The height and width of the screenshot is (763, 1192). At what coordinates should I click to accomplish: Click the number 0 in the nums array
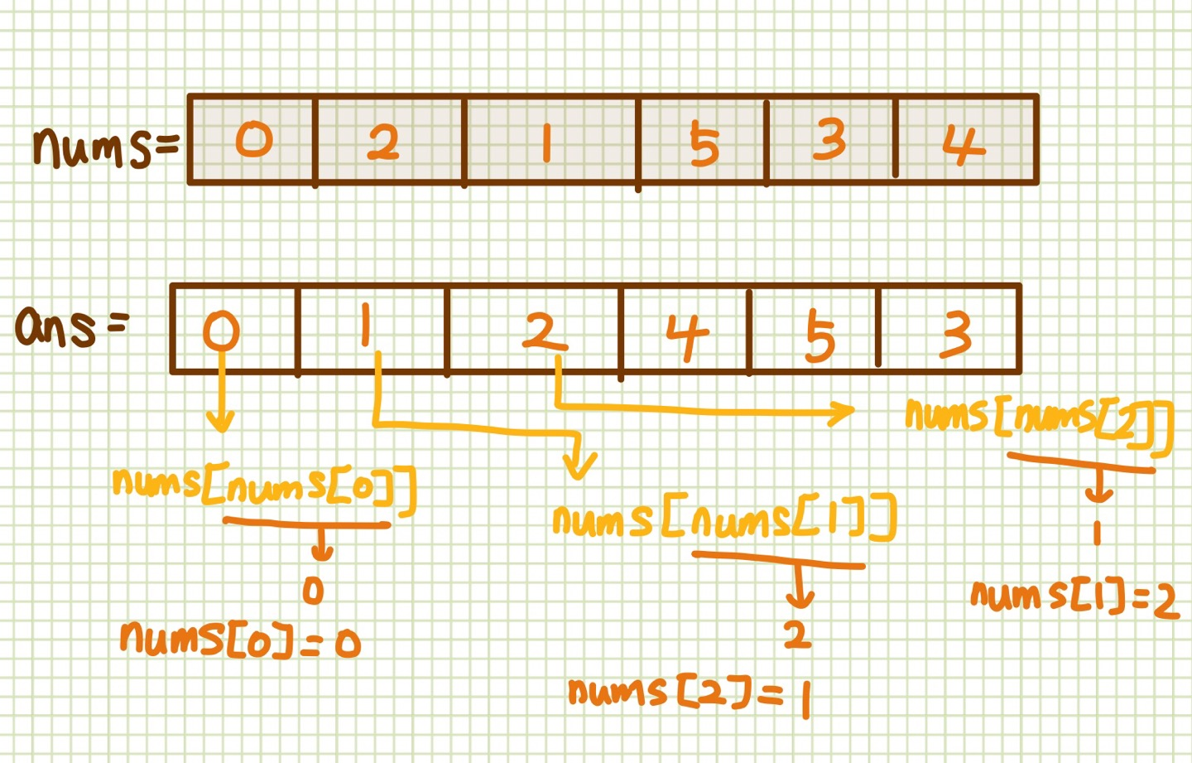click(x=254, y=138)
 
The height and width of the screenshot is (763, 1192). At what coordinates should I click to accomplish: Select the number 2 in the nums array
click(x=382, y=142)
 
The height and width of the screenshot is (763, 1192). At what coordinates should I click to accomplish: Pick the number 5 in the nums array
click(x=704, y=143)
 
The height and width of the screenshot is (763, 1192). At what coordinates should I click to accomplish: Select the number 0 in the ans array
click(x=222, y=331)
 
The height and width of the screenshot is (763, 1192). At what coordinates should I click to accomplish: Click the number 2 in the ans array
click(x=544, y=332)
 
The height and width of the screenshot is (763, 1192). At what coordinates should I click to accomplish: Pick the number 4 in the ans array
click(x=687, y=336)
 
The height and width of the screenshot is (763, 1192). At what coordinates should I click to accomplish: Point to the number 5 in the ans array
click(x=819, y=336)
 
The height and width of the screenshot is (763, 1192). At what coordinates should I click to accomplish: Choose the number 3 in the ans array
click(x=956, y=334)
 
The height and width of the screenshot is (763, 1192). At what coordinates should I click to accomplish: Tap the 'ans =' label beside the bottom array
click(x=71, y=326)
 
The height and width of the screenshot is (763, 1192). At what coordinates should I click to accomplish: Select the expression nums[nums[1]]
click(x=724, y=520)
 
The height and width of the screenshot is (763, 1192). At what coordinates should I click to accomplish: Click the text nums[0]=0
click(x=240, y=639)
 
